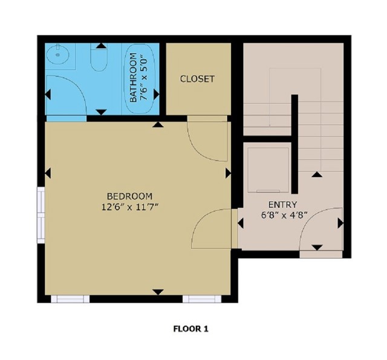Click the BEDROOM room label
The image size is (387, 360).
(129, 196)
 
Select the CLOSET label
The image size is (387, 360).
(197, 79)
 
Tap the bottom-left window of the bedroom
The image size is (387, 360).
(70, 298)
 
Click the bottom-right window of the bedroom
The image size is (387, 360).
(202, 298)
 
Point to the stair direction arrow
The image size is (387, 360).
(316, 174)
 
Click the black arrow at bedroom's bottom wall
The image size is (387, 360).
(158, 292)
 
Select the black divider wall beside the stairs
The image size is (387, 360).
(294, 143)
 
